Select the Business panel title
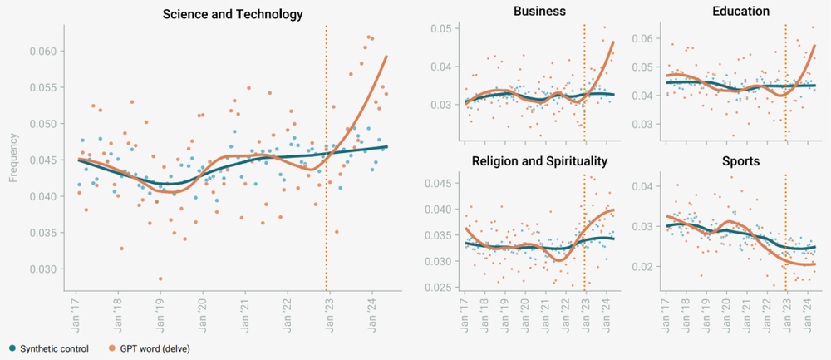pos(539,12)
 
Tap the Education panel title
pos(740,12)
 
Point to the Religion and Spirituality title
pos(539,161)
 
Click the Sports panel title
pos(740,161)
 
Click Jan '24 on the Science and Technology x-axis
pos(371,311)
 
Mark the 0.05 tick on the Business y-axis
pos(440,29)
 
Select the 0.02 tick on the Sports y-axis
pos(640,266)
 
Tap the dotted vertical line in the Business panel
pos(584,83)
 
